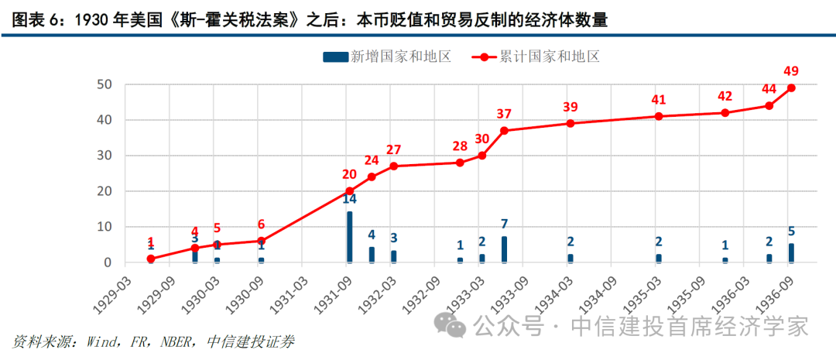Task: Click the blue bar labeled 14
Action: tap(349, 237)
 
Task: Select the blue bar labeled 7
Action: tap(504, 249)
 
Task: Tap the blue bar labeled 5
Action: tap(790, 252)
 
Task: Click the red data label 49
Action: tap(790, 71)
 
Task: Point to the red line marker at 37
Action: tap(504, 130)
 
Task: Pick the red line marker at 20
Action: tap(349, 190)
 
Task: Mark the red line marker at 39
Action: tap(570, 123)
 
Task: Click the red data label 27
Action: tap(393, 149)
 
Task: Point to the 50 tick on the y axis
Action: tap(104, 84)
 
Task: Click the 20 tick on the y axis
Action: tap(104, 191)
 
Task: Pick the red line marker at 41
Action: tap(659, 116)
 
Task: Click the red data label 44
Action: tap(769, 89)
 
